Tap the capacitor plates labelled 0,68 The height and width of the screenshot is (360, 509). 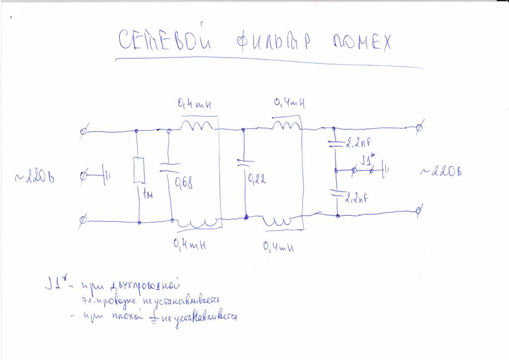(x=169, y=167)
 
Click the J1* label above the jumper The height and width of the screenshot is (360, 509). (x=369, y=161)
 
